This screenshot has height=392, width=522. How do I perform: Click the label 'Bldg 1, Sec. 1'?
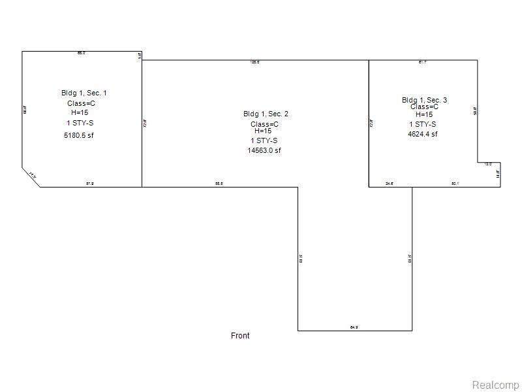click(x=84, y=93)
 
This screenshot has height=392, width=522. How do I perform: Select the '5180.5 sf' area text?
click(x=84, y=135)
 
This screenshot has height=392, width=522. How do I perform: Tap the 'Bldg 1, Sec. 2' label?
click(x=266, y=114)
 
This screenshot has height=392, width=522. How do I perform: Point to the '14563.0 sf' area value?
click(x=264, y=150)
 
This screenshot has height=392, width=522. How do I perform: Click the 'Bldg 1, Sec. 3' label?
click(x=424, y=100)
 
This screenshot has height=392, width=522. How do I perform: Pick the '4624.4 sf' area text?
click(x=422, y=134)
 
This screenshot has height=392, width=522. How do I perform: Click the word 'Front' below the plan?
click(x=240, y=336)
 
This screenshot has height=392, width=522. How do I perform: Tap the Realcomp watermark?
click(x=495, y=384)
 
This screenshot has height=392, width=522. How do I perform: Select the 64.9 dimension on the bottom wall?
click(x=354, y=327)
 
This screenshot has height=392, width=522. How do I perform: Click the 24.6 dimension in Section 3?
click(x=390, y=184)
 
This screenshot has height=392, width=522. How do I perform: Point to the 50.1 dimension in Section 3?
click(x=455, y=184)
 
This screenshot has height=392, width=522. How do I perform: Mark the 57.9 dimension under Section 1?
click(x=90, y=184)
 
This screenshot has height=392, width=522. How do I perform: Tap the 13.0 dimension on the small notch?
click(x=488, y=164)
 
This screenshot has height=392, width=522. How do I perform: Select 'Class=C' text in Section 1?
click(x=82, y=103)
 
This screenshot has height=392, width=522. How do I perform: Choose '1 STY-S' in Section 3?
click(x=423, y=124)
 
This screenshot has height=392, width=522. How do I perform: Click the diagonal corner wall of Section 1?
click(x=31, y=176)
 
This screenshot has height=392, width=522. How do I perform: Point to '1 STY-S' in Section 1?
click(x=79, y=123)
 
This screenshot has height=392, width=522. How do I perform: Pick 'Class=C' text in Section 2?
click(x=265, y=124)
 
